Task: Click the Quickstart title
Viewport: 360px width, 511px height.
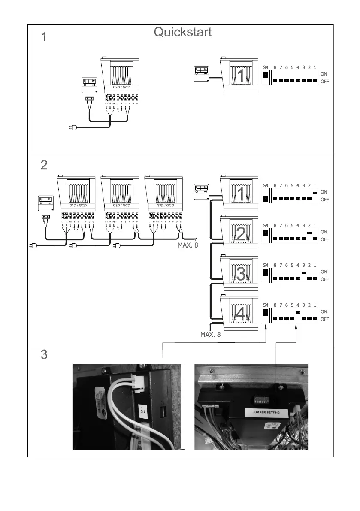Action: [182, 32]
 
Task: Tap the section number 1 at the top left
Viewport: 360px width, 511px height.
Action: [43, 38]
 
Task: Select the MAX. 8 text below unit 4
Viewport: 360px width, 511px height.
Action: [210, 334]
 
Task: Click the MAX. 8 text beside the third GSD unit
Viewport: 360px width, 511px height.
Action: [188, 246]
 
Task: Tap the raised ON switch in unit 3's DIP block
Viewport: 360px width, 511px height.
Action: [304, 272]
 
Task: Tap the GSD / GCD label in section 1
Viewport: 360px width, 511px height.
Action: [122, 87]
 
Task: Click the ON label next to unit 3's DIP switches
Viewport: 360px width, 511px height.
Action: [324, 272]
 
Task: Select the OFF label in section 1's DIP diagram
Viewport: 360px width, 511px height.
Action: [324, 81]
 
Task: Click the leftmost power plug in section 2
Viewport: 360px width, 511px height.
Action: [31, 246]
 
